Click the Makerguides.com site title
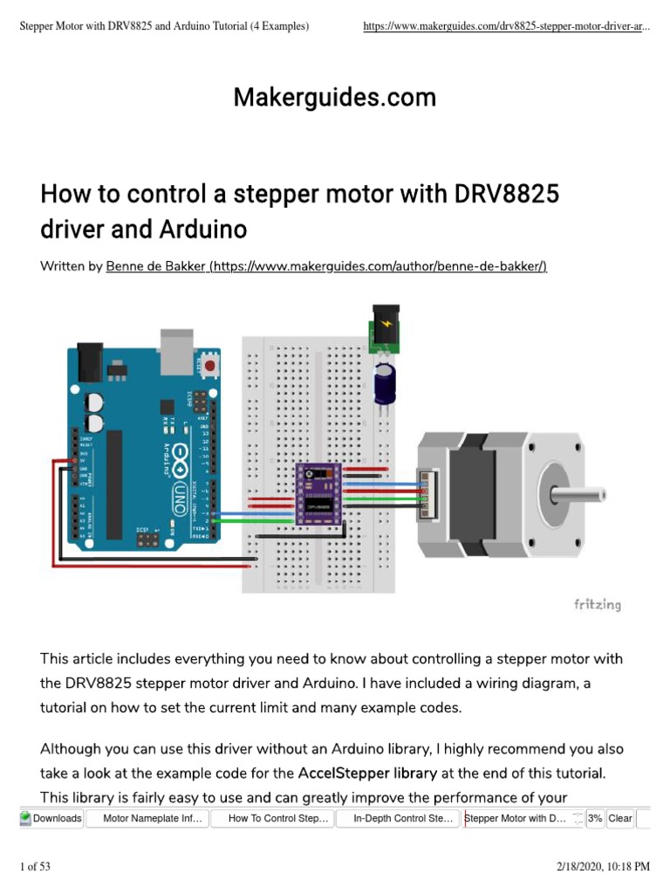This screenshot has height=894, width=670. (334, 98)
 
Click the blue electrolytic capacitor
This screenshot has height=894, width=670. (384, 382)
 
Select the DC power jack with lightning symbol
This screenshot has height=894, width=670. (382, 327)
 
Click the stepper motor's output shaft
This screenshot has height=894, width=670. (579, 492)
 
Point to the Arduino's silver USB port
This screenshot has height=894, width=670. (178, 344)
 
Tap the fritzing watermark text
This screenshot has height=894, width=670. (597, 604)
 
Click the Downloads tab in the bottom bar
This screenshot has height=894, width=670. (51, 818)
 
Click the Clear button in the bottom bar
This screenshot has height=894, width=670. (620, 818)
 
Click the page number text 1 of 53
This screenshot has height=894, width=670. (36, 866)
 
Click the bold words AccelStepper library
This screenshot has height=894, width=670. (367, 773)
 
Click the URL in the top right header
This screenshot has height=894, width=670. (506, 27)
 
